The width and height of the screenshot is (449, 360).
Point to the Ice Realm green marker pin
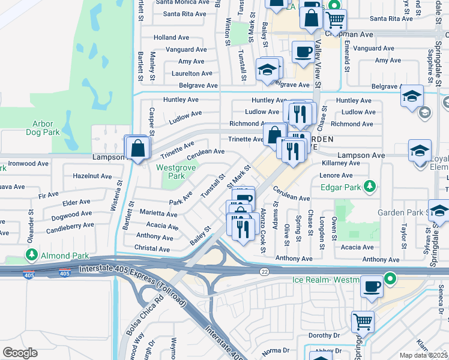(390, 279)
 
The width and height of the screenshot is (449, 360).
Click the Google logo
(20, 352)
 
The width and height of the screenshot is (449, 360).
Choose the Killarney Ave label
(340, 163)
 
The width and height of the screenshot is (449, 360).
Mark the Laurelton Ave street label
(190, 73)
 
